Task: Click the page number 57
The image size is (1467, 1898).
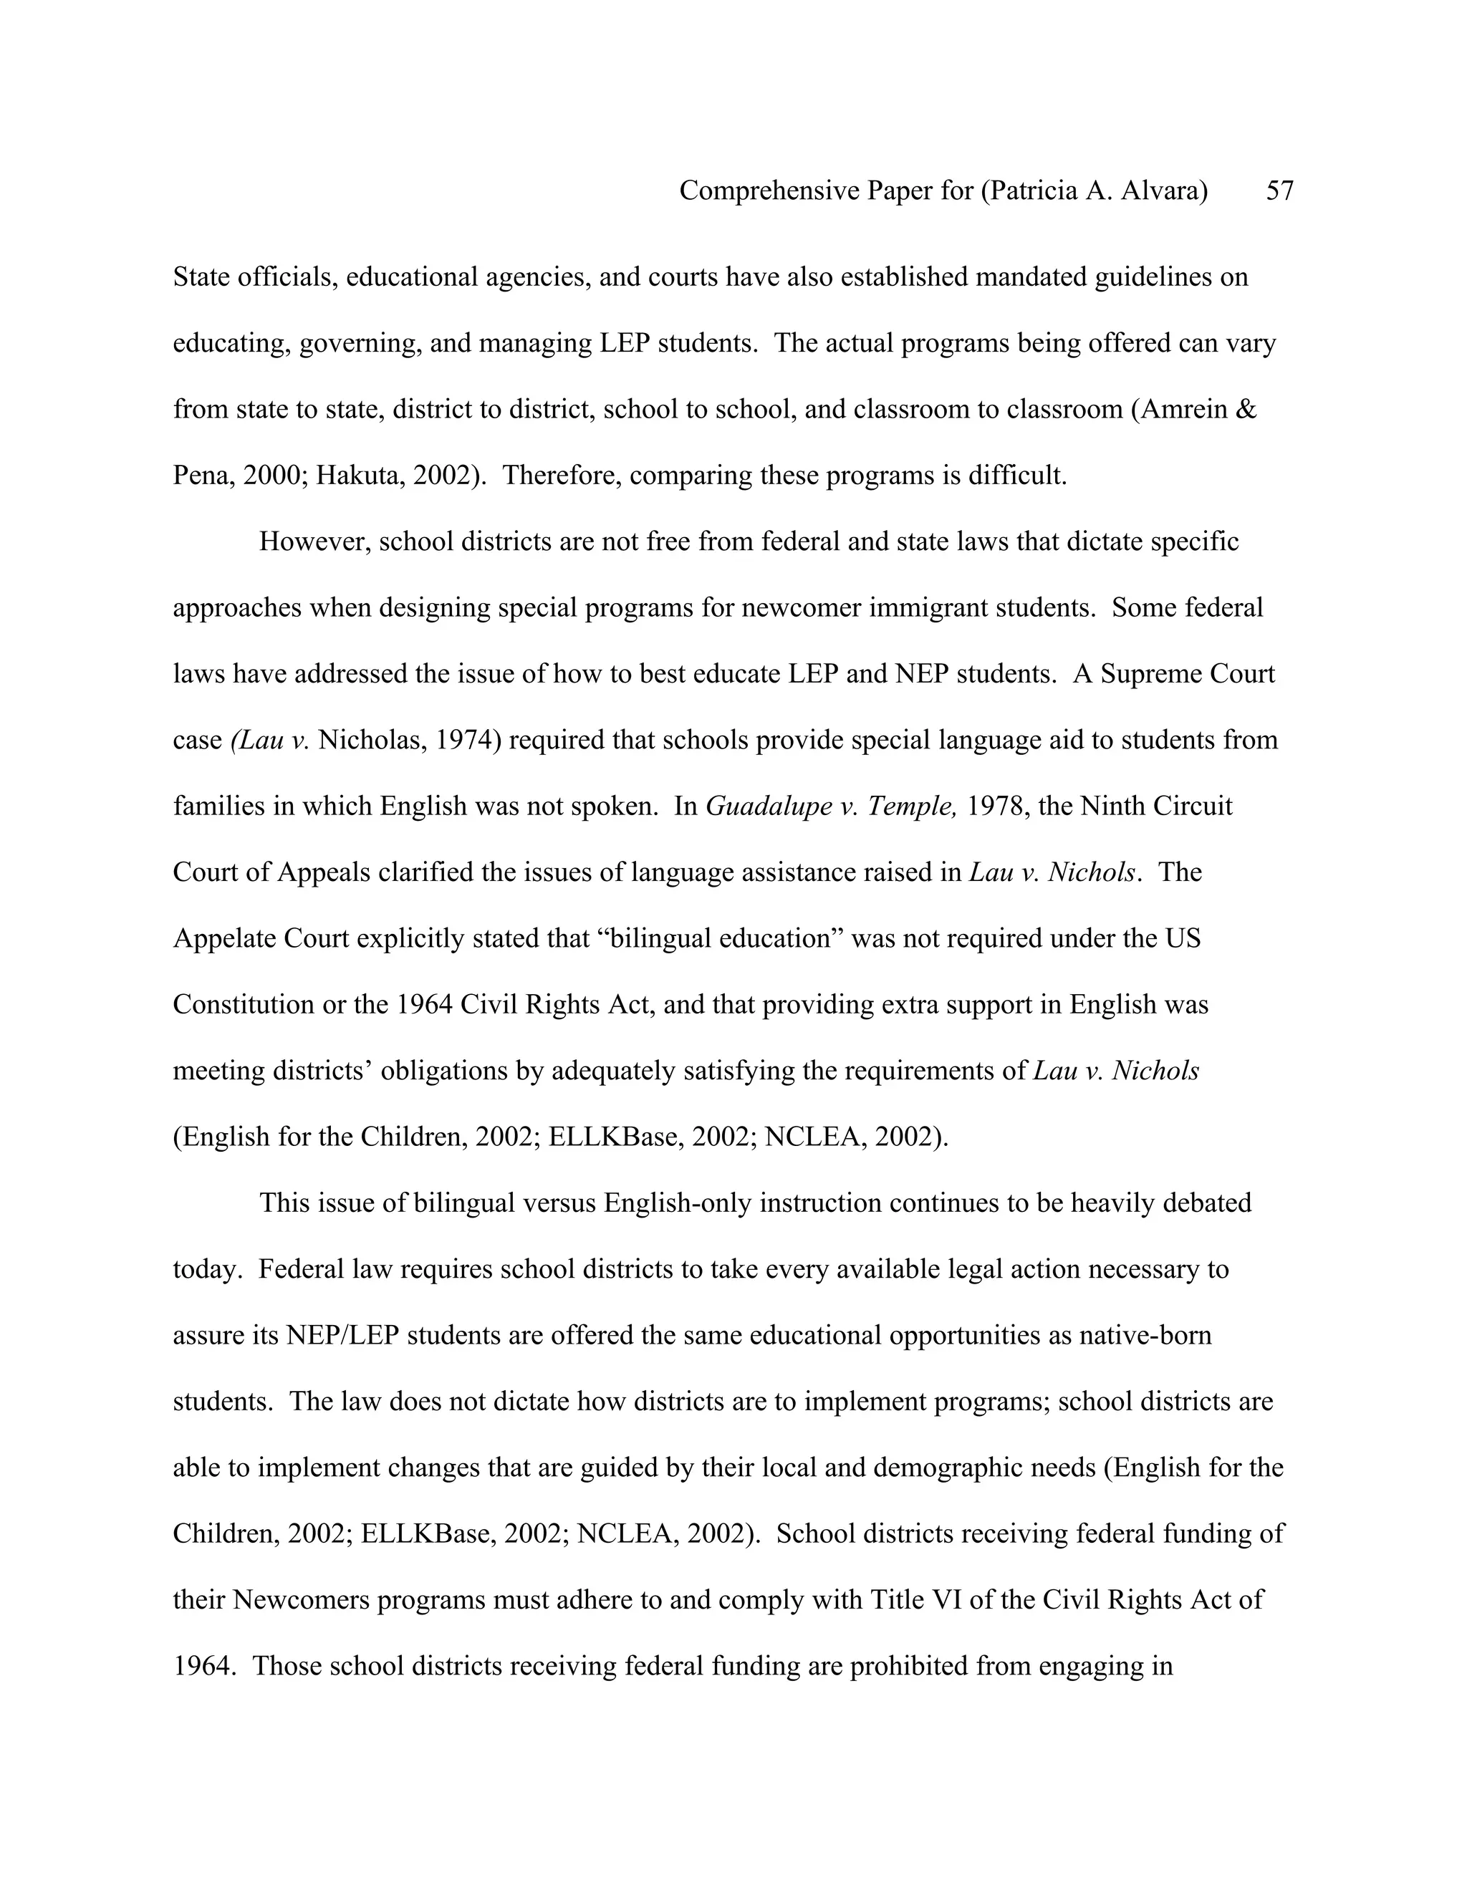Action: pos(1279,191)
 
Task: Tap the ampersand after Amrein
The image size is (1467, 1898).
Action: pos(1244,409)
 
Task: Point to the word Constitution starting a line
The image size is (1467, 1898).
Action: pos(244,1005)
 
